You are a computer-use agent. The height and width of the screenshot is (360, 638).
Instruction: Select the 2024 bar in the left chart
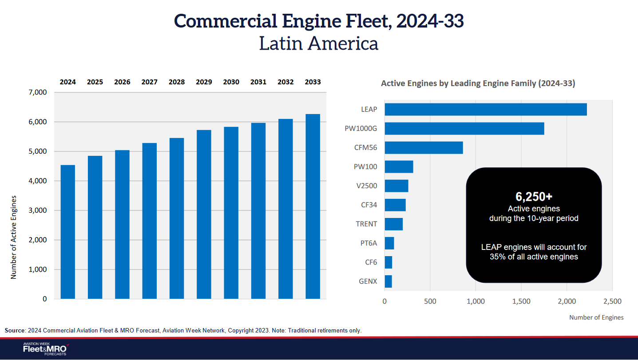pyautogui.click(x=68, y=232)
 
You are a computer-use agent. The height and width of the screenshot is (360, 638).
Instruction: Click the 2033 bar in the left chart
pyautogui.click(x=313, y=206)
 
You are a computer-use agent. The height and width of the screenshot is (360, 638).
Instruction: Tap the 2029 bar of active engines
pyautogui.click(x=204, y=214)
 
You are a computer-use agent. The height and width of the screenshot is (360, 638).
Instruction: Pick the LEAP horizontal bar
pyautogui.click(x=485, y=109)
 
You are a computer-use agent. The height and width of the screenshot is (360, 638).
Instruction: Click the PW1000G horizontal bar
pyautogui.click(x=464, y=128)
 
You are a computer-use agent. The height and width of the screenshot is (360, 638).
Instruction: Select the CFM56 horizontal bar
pyautogui.click(x=424, y=147)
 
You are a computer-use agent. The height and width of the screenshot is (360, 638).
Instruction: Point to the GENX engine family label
pyautogui.click(x=369, y=281)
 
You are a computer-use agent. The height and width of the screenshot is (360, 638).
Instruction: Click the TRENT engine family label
pyautogui.click(x=366, y=224)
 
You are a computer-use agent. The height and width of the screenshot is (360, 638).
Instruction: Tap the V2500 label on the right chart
pyautogui.click(x=367, y=186)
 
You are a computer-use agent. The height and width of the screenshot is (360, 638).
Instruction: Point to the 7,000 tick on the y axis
pyautogui.click(x=38, y=92)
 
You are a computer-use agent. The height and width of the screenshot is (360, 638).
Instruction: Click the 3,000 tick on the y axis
pyautogui.click(x=38, y=210)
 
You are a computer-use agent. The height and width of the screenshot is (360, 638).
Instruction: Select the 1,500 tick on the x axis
pyautogui.click(x=521, y=301)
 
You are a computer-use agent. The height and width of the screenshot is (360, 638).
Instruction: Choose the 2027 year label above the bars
pyautogui.click(x=149, y=82)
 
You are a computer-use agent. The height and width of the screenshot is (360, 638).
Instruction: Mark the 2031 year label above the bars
pyautogui.click(x=258, y=82)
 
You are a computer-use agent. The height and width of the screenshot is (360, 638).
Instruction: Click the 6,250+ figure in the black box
pyautogui.click(x=534, y=197)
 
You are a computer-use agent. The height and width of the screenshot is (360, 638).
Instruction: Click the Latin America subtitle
pyautogui.click(x=318, y=44)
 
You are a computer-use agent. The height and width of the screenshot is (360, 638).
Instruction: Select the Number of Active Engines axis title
pyautogui.click(x=13, y=237)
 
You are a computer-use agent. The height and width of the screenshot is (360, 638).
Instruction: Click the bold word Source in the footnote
pyautogui.click(x=15, y=331)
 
